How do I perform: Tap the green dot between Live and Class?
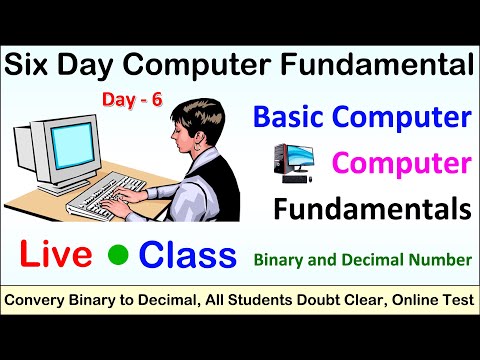click(x=118, y=256)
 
